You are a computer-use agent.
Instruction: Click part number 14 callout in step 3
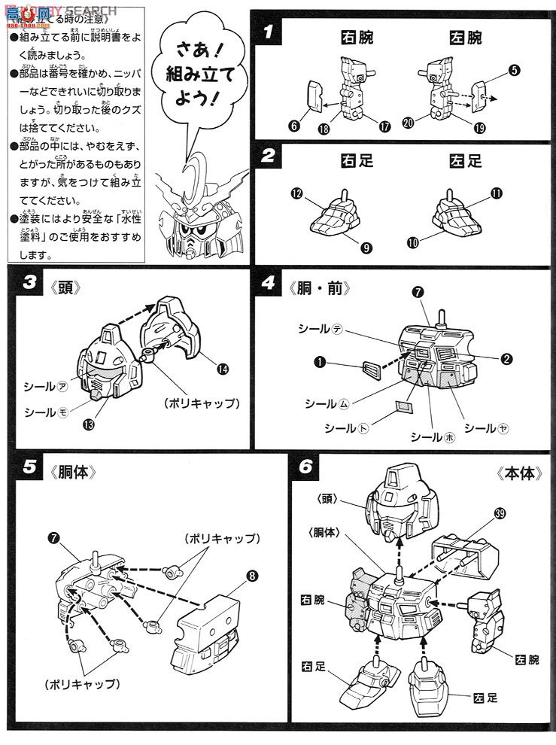(223, 369)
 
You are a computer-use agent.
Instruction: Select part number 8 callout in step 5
(251, 577)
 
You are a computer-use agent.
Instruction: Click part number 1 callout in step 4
(321, 363)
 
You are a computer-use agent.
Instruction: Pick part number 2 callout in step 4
(508, 359)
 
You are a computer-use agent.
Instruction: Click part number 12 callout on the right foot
(296, 194)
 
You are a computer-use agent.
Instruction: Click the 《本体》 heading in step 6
(519, 474)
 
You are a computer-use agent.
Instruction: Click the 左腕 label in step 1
(464, 37)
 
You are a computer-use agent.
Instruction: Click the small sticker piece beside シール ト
(404, 409)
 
